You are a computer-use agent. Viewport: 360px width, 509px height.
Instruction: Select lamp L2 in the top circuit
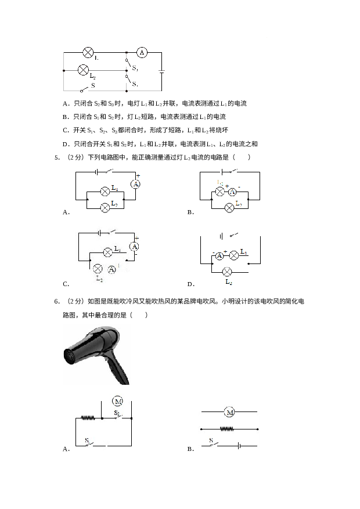click(x=83, y=70)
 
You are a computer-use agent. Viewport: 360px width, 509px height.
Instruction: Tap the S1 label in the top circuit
click(x=135, y=68)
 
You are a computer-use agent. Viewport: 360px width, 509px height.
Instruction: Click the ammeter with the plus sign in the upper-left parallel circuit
click(x=135, y=183)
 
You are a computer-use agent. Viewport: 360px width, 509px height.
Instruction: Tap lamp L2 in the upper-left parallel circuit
click(x=105, y=207)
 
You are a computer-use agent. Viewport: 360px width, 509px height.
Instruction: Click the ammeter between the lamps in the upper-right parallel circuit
click(x=232, y=192)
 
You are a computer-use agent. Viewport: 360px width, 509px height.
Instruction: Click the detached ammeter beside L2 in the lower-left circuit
click(x=111, y=269)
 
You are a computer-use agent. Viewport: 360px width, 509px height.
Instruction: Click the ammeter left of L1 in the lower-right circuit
click(x=219, y=255)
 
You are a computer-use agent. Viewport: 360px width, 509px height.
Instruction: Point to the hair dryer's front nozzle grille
click(x=71, y=355)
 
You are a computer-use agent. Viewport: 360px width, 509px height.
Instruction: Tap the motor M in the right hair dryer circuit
click(x=229, y=413)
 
